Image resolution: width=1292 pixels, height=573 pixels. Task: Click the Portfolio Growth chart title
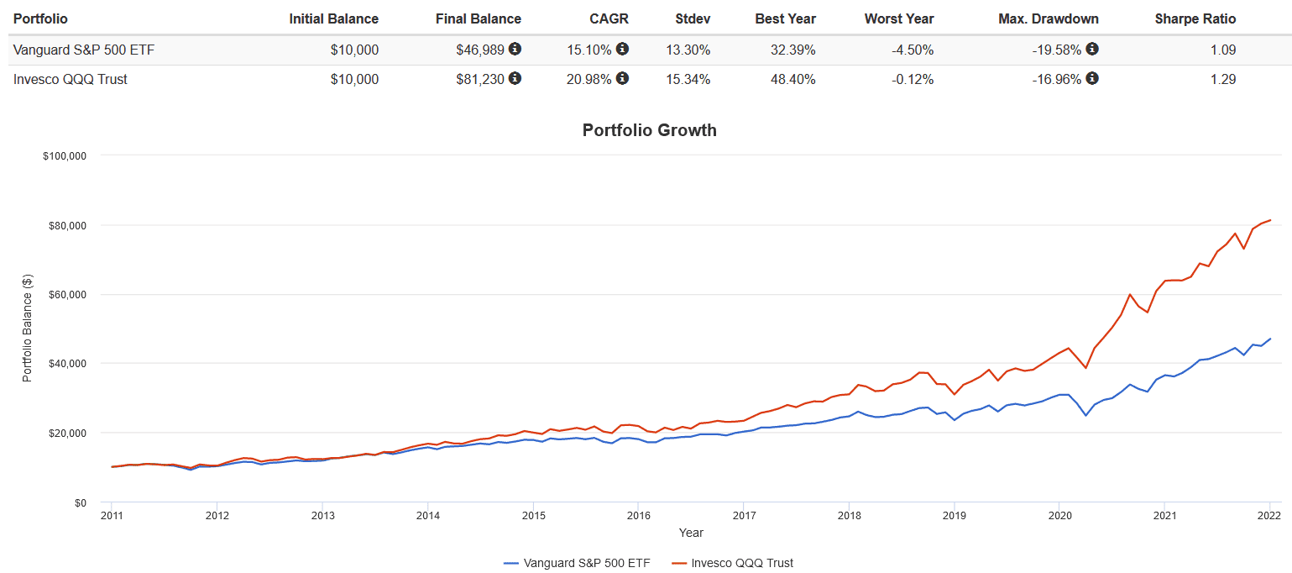pos(649,130)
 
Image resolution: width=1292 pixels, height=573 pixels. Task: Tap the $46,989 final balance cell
pos(480,50)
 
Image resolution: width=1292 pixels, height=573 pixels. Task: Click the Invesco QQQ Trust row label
pos(71,80)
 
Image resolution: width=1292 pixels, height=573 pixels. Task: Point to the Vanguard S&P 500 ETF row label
pos(84,50)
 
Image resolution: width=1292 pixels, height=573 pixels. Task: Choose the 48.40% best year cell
pos(793,80)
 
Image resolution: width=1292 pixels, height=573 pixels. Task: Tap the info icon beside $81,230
pos(515,78)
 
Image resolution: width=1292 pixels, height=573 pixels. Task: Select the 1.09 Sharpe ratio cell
pos(1223,50)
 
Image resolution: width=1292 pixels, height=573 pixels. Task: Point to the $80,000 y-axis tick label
pos(66,225)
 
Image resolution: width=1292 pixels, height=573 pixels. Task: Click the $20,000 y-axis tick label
pos(66,433)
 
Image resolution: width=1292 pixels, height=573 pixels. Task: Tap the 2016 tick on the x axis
pos(638,515)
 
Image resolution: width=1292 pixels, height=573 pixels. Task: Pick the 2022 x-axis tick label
pos(1268,515)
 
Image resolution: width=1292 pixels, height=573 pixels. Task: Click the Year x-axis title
pos(691,533)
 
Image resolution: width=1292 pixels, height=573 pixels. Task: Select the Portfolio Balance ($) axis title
pos(27,329)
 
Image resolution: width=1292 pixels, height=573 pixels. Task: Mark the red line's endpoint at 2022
pos(1269,220)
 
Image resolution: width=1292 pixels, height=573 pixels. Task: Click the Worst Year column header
pos(899,18)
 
